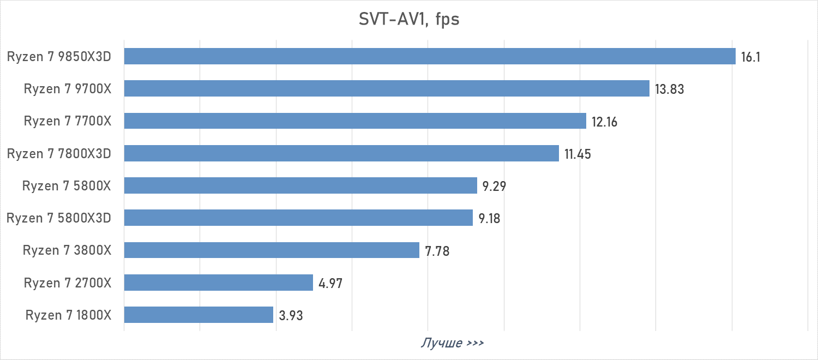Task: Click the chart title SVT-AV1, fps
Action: [x=409, y=20]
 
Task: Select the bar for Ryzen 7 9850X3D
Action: [x=430, y=56]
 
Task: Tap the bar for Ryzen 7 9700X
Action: [x=387, y=88]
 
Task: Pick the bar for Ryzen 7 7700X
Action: [x=355, y=121]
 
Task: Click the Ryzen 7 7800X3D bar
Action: [x=341, y=153]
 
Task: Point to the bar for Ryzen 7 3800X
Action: [x=272, y=250]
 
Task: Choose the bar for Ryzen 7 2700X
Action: [x=218, y=283]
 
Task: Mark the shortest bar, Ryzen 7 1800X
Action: [x=199, y=315]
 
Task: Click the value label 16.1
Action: [x=750, y=57]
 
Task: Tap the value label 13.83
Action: [x=669, y=89]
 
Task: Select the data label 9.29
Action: [x=494, y=187]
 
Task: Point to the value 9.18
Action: [x=489, y=219]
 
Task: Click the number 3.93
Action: [x=290, y=316]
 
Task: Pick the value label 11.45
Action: [x=578, y=154]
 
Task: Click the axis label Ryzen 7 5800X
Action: [x=67, y=186]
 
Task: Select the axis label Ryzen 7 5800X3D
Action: [x=59, y=218]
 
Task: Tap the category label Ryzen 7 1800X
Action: [x=68, y=315]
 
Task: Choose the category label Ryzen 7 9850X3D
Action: [x=59, y=56]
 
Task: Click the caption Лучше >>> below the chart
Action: [x=452, y=343]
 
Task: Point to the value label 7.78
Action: [x=437, y=251]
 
